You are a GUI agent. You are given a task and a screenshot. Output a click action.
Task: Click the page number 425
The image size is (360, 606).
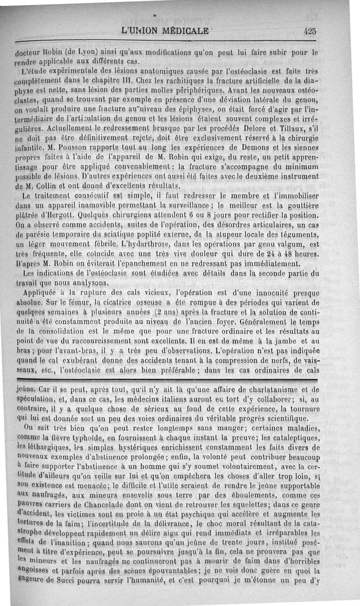tap(310, 31)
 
